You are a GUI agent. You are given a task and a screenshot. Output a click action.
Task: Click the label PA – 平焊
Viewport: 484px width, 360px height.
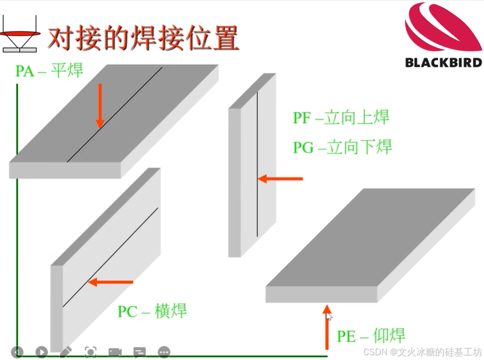coord(49,70)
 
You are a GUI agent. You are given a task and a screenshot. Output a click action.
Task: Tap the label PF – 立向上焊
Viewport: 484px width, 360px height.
coord(341,117)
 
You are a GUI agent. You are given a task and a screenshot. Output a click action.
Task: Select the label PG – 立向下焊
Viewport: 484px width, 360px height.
coord(342,146)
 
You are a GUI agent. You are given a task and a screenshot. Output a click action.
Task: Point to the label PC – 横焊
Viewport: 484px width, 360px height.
coord(152,311)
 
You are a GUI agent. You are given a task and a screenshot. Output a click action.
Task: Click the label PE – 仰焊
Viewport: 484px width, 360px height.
coord(371,336)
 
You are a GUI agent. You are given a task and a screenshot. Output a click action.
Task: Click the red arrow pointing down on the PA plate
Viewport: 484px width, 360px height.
coord(100,107)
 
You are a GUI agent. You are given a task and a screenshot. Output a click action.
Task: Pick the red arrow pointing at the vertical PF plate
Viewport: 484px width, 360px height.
coord(280,179)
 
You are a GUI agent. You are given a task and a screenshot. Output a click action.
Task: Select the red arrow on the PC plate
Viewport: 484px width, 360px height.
coord(110,282)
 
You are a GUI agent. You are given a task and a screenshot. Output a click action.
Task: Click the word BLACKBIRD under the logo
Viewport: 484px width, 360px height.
coord(443,62)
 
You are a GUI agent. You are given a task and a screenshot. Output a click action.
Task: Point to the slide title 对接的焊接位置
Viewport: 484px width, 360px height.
coord(143,38)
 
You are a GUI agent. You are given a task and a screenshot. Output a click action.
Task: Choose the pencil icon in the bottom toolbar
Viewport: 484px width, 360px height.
coord(66,352)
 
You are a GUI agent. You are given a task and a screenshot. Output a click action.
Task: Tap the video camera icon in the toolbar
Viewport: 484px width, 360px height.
coord(114,352)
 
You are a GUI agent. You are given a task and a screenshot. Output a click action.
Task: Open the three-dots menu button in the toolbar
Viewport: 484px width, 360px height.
coord(164,352)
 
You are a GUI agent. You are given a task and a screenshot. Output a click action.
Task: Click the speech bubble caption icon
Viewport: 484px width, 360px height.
coord(139,352)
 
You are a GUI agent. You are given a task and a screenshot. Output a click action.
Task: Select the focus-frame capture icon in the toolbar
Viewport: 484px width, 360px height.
coord(90,352)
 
